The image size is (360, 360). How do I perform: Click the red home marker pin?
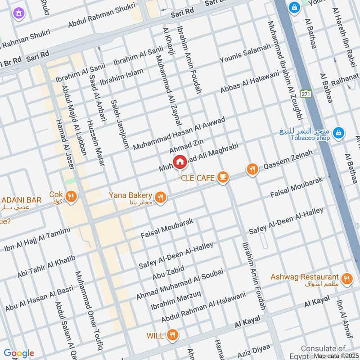click(180, 162)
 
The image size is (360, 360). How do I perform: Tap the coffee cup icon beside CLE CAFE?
click(222, 177)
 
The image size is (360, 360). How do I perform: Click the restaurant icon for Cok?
click(71, 196)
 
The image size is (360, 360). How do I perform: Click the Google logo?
click(19, 353)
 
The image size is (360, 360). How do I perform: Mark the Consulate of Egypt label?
click(323, 351)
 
